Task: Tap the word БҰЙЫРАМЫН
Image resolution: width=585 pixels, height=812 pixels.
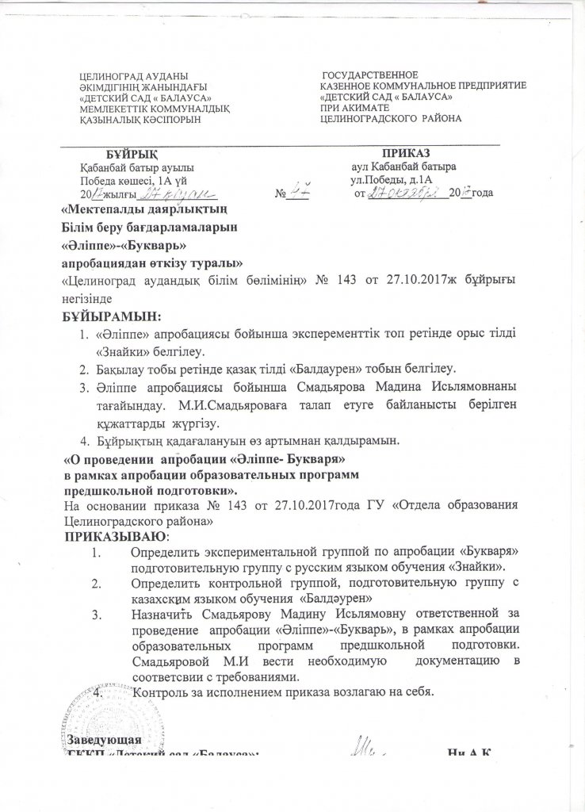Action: click(x=110, y=317)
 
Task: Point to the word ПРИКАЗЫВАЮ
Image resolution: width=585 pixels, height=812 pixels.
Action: click(x=109, y=538)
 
